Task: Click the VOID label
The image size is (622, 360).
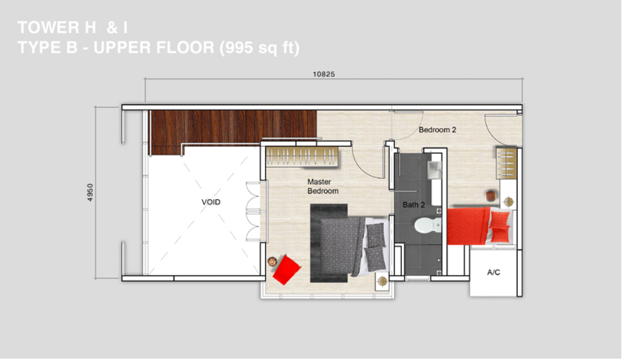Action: pos(211,202)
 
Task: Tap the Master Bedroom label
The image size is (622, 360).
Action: pos(323,186)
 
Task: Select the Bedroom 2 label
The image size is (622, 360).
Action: pos(437,130)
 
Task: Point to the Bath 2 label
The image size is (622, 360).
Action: pos(414,204)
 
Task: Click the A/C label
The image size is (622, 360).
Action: pos(494,272)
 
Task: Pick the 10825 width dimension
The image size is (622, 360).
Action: pos(323,74)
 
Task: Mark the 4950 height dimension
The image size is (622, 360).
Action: pos(90,192)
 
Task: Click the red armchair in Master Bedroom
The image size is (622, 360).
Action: pos(286,270)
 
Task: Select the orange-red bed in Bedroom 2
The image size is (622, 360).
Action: pos(479,225)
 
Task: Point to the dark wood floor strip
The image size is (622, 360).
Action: pos(232,127)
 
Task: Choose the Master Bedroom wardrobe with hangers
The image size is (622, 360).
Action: pos(302,156)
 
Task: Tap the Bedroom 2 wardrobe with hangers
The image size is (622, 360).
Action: pos(507,163)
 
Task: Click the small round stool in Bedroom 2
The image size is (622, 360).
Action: pos(491,196)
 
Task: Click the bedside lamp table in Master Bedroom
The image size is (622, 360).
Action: pos(383,281)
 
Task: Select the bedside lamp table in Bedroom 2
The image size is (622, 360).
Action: pos(508,202)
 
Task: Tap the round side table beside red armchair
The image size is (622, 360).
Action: pos(272,261)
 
